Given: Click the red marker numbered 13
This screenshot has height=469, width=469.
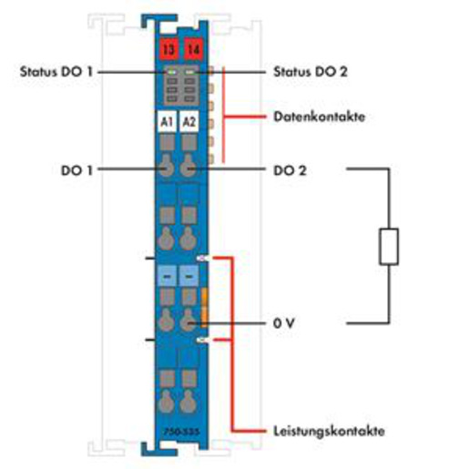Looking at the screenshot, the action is pos(168,49).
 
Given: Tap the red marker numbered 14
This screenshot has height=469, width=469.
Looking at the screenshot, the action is pos(193,49).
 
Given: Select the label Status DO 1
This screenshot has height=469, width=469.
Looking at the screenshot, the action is pos(56,72).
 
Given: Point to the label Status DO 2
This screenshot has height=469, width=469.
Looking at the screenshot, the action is pos(311,72).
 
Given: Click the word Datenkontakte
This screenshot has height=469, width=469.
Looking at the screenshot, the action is pos(319,117).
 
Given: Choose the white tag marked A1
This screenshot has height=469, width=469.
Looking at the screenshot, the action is pos(167,121).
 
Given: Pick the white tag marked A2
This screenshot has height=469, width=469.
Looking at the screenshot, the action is pos(189,121).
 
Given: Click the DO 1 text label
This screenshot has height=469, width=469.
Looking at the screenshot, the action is pos(76,170).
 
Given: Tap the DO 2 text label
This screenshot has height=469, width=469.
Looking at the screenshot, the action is pos(290,170).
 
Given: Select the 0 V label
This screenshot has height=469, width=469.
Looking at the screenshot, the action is pos(284,323).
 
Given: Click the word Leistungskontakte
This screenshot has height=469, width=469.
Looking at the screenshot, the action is pos(329,431).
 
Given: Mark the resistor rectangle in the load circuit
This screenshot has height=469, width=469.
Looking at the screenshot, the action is pos(389,247).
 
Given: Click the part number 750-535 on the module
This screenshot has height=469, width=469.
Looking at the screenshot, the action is pos(181,432).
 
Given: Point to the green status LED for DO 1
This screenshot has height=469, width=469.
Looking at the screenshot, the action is pos(171,72).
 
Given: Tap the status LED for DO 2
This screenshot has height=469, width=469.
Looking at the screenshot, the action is pos(189,72).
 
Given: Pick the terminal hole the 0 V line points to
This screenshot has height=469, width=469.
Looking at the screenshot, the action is pos(189,321).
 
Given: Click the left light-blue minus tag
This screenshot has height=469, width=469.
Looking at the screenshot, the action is pos(167,276).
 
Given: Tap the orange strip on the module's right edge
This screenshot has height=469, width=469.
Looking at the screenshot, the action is pos(204,307).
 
